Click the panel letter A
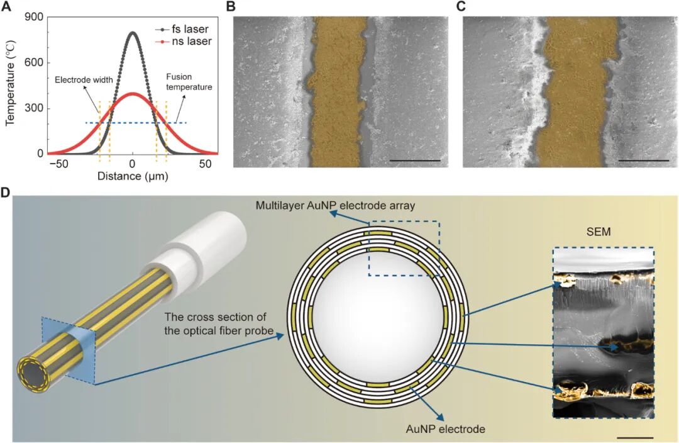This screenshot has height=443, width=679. (x=8, y=8)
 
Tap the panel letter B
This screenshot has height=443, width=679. (x=230, y=8)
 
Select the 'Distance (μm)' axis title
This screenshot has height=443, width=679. (x=132, y=177)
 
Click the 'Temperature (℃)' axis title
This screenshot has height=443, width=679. (x=11, y=86)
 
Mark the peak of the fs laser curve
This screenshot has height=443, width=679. (x=132, y=33)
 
